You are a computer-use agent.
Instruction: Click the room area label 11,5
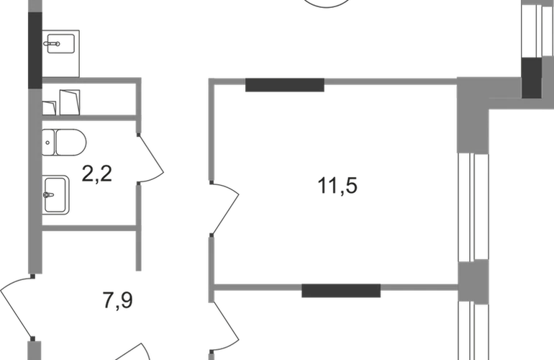click(337, 186)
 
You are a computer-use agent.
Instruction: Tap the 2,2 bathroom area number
click(97, 174)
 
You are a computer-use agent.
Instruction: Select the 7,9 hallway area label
click(118, 300)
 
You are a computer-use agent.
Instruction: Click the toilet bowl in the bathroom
click(71, 143)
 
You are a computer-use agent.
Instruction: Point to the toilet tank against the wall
click(48, 143)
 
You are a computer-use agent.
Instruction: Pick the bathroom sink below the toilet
click(55, 195)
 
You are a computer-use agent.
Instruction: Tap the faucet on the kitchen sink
click(52, 44)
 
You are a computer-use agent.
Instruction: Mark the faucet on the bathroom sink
click(49, 195)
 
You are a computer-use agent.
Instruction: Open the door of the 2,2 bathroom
click(151, 158)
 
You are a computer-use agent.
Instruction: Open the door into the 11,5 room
click(224, 209)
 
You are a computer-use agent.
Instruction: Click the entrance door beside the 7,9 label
click(16, 307)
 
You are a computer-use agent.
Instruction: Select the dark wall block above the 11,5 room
click(285, 85)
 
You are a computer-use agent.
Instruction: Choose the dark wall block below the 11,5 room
click(341, 290)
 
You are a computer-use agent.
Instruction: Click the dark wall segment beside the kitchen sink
click(35, 50)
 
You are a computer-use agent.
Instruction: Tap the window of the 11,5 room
click(473, 207)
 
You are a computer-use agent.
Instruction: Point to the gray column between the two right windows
click(473, 282)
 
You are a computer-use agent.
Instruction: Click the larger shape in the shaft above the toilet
click(70, 102)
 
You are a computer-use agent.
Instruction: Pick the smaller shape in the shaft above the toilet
click(49, 108)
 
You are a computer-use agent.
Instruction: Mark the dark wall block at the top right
click(532, 78)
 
